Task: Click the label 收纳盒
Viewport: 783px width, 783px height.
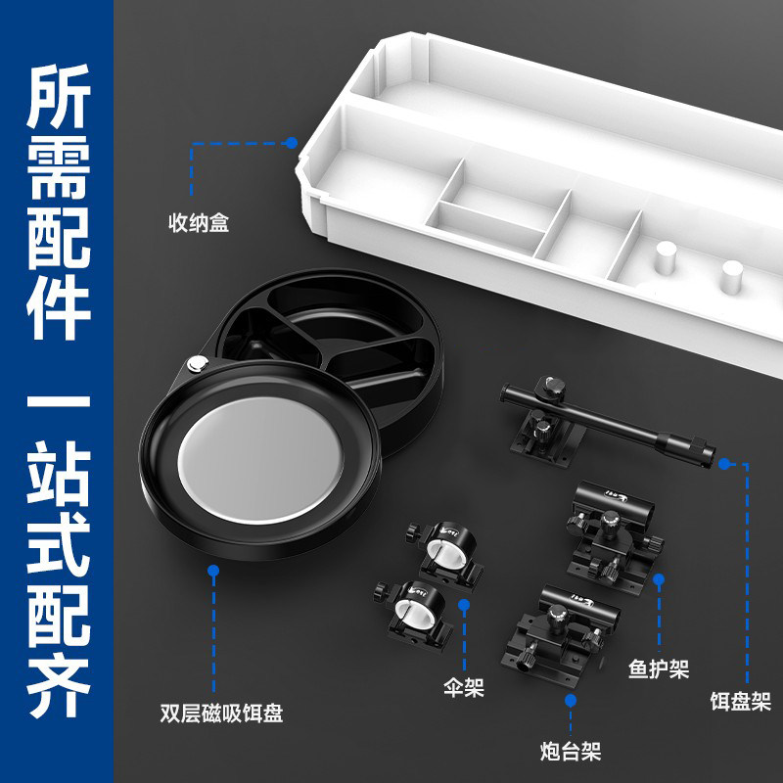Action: click(199, 223)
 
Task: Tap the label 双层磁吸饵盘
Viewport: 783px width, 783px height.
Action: click(221, 713)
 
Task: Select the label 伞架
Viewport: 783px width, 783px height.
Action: click(464, 687)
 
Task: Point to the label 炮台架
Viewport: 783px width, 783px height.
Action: click(571, 751)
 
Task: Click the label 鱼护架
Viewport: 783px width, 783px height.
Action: click(659, 669)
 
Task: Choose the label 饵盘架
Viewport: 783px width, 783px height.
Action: click(741, 701)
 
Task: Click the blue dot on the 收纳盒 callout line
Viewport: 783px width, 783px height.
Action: click(291, 143)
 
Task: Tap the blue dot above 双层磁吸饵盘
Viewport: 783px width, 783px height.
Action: click(213, 571)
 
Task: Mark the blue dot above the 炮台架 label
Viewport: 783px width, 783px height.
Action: click(571, 701)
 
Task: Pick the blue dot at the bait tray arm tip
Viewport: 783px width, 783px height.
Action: click(724, 464)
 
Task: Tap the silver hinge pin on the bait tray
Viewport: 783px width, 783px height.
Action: click(198, 363)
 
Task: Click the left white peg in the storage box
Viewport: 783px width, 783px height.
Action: click(666, 256)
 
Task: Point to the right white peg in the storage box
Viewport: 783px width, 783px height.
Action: click(732, 276)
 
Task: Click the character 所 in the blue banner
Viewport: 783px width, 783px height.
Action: click(59, 95)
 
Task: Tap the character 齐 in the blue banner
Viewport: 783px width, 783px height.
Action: click(59, 687)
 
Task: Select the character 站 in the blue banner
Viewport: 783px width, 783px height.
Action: click(59, 472)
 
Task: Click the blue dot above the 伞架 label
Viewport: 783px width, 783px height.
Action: click(464, 605)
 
